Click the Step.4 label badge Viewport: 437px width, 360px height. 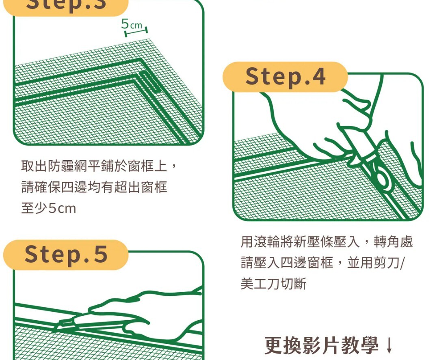[285, 77]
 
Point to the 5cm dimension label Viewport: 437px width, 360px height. [132, 24]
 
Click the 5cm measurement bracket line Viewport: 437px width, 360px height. [136, 32]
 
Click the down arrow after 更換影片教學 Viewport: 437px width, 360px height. [389, 346]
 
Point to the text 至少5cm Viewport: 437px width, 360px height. [48, 208]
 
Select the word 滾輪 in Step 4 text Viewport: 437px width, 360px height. [267, 241]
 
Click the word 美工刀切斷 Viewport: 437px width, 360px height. [273, 284]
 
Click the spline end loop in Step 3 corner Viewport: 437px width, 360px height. [150, 81]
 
